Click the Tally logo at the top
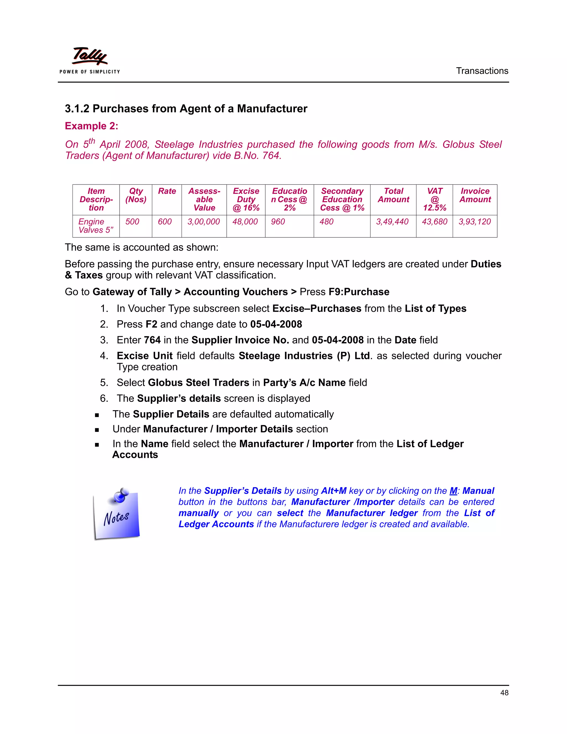[90, 57]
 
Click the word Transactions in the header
[482, 71]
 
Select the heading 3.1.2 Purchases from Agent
[186, 109]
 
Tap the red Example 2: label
[91, 126]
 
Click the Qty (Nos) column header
[136, 195]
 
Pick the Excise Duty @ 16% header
[246, 199]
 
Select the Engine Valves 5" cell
[96, 226]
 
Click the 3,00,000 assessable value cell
[203, 222]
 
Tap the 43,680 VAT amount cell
[434, 222]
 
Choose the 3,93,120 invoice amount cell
[475, 222]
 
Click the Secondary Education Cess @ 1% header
[342, 199]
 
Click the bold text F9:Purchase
[359, 292]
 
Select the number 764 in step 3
[152, 340]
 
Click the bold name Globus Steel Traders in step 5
[198, 383]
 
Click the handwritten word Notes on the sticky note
[116, 518]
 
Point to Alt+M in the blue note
[334, 491]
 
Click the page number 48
[504, 693]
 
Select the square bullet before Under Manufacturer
[97, 430]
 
